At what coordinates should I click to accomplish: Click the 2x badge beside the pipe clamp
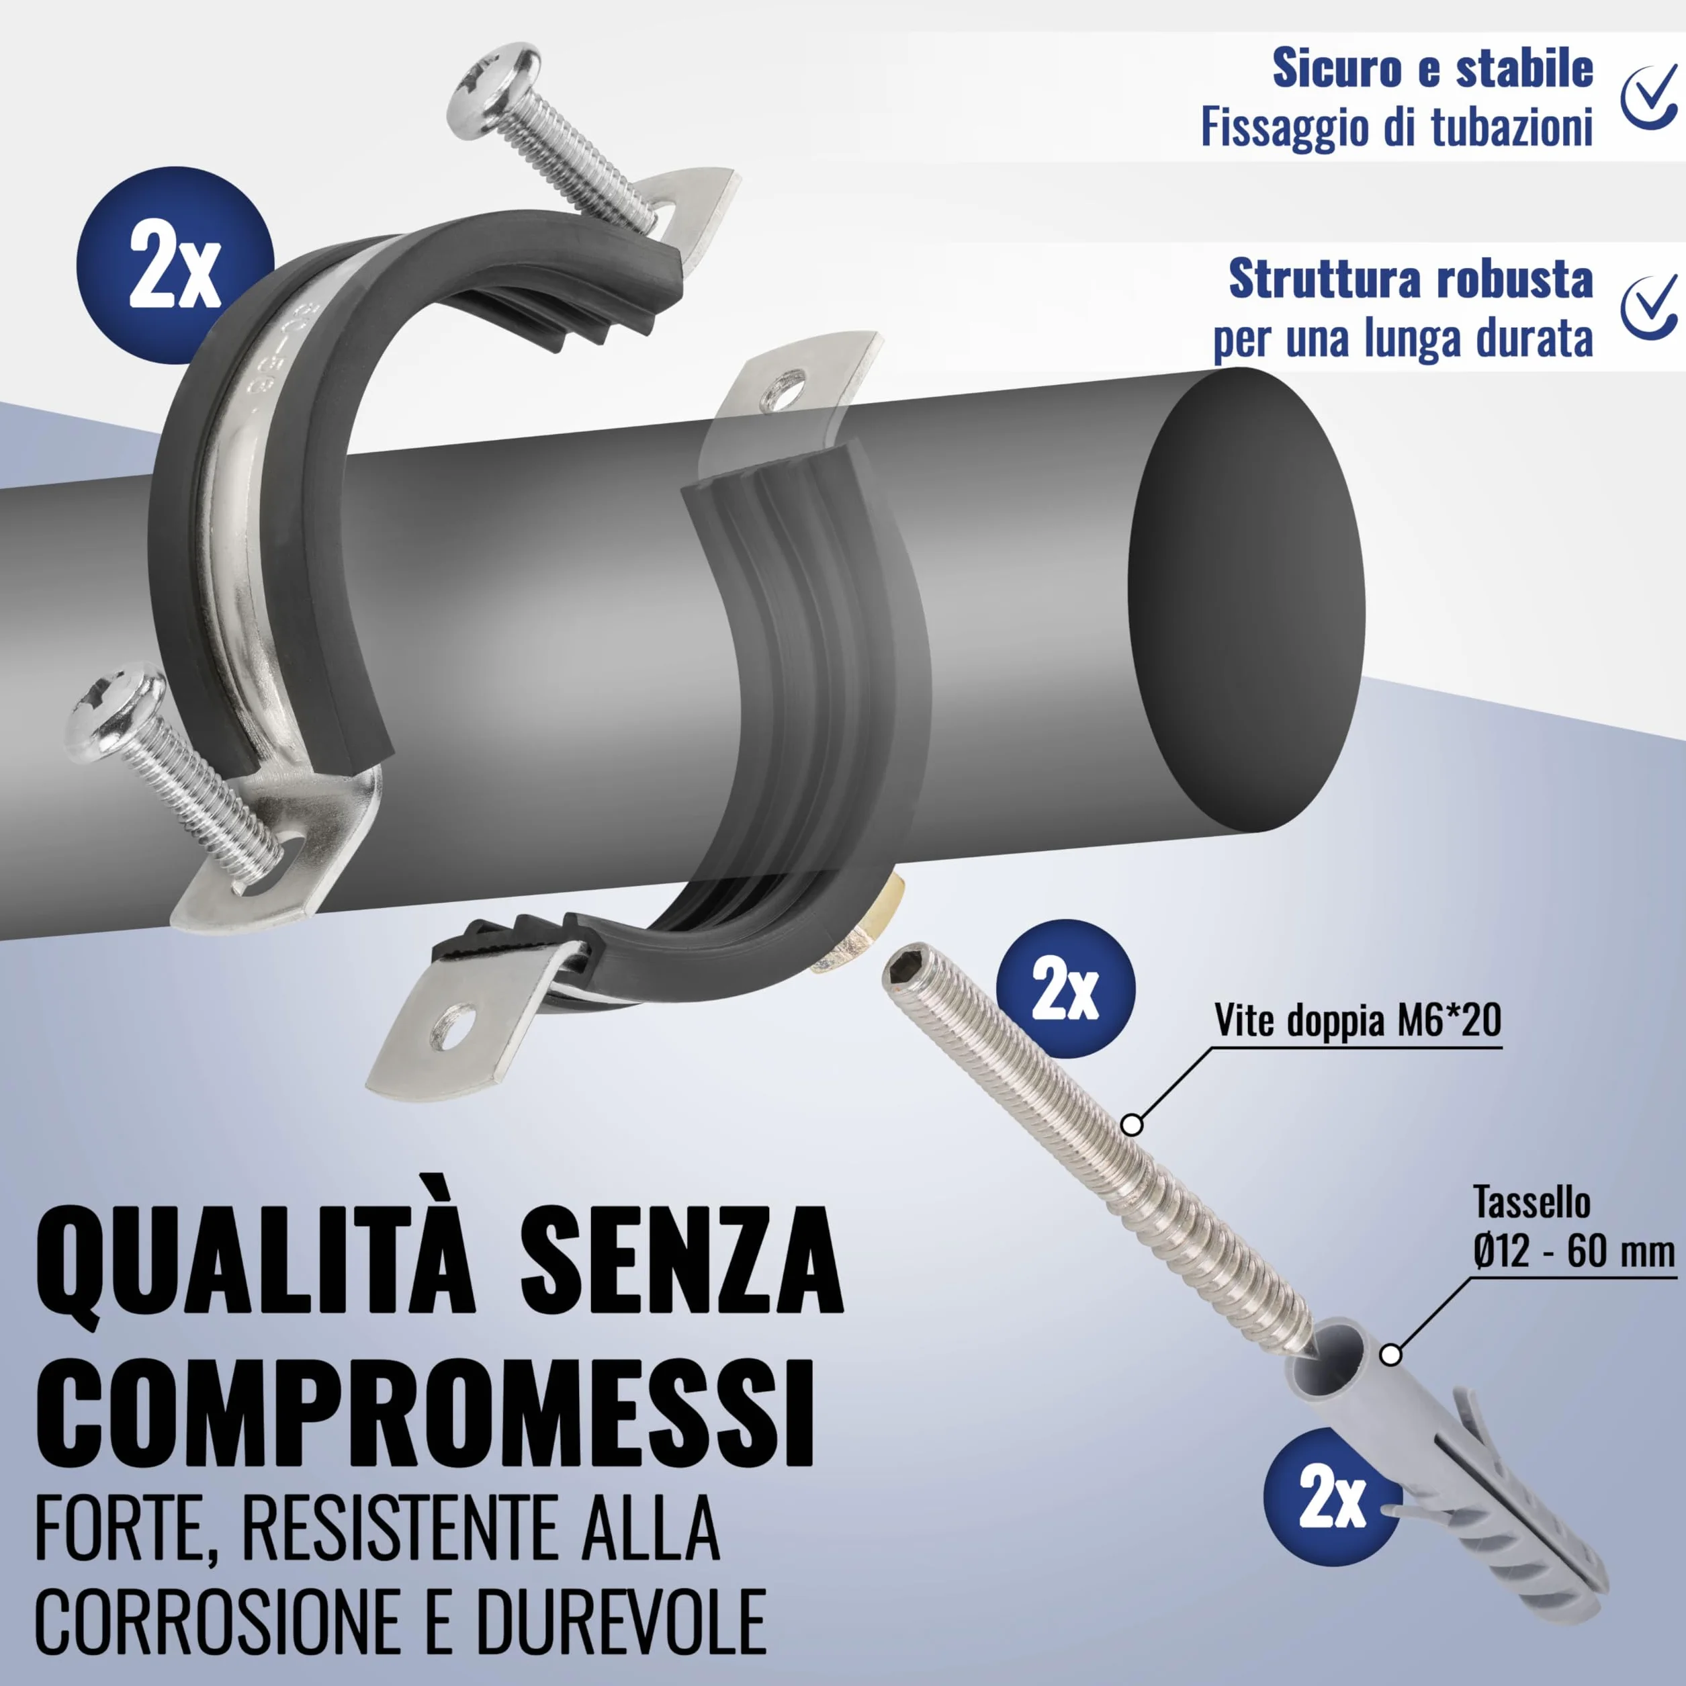point(175,265)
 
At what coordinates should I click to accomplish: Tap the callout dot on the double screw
point(1132,1125)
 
